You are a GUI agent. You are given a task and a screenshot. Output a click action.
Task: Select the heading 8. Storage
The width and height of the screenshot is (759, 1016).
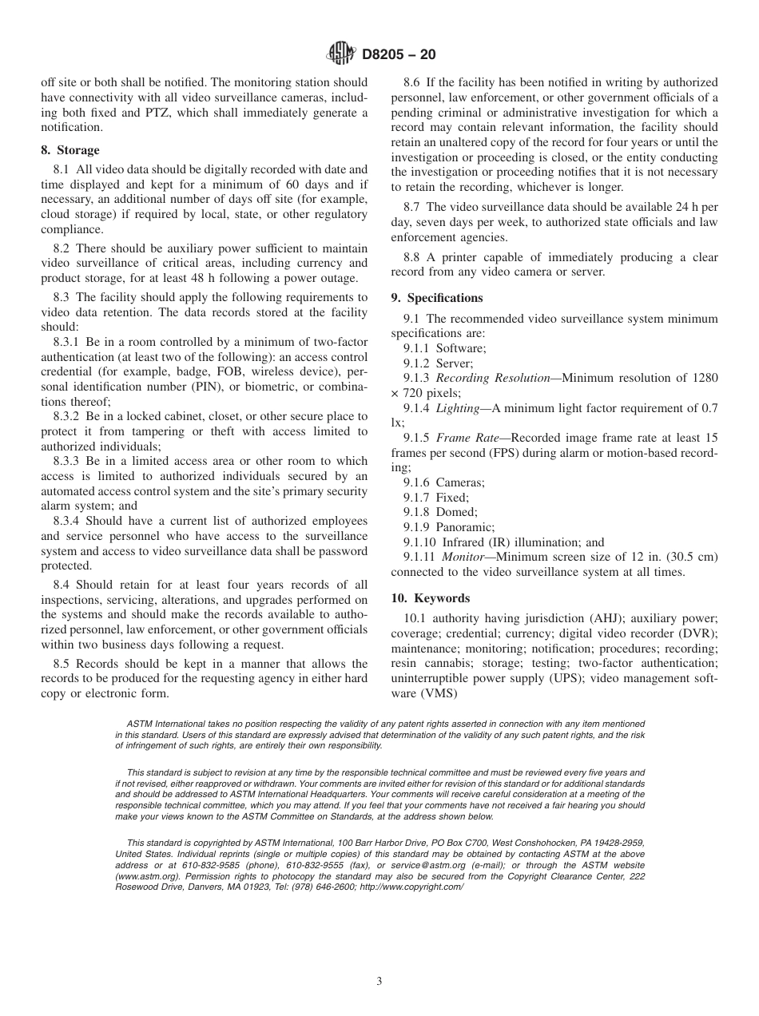coord(70,150)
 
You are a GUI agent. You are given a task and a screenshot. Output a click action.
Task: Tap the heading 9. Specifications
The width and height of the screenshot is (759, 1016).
coord(437,298)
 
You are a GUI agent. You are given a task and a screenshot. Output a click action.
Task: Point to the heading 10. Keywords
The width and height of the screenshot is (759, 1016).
coord(431,598)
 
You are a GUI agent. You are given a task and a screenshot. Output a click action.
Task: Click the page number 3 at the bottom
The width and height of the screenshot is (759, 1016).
coord(379,982)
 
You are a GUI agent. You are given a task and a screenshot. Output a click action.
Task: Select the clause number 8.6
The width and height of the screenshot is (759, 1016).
coord(411,82)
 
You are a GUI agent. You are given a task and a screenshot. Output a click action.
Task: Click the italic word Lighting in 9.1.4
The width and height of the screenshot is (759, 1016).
coord(457,408)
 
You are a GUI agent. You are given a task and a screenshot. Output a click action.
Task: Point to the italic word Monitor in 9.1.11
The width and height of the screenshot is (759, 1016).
coord(463,557)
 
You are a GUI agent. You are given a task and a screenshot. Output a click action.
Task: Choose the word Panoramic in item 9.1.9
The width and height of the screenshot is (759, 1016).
coord(465,527)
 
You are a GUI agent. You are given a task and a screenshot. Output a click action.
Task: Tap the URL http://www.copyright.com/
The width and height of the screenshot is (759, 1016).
coord(411,886)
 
